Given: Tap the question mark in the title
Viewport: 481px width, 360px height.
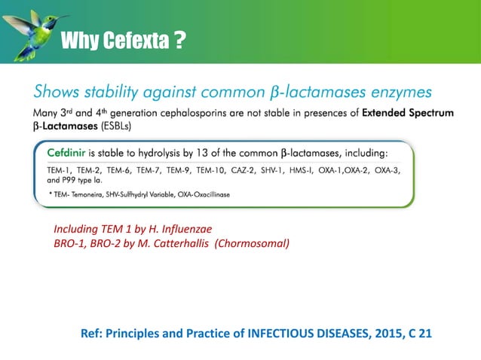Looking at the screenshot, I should pos(179,39).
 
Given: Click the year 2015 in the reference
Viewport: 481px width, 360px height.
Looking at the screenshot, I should pos(384,334).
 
